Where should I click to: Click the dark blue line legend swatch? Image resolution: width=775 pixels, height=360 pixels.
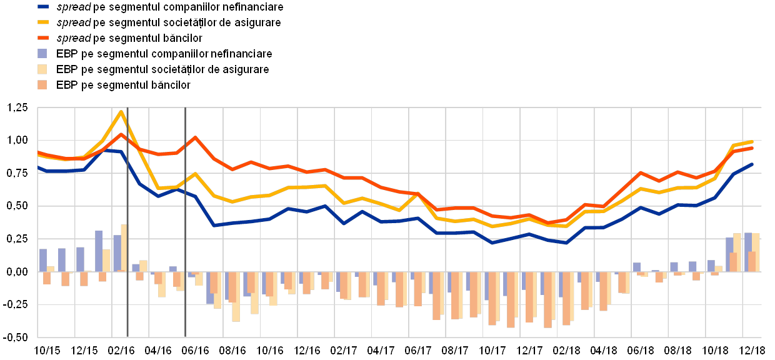(43, 7)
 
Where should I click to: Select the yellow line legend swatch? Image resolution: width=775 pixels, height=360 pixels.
(43, 22)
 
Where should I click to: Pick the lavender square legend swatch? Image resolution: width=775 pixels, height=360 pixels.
(42, 54)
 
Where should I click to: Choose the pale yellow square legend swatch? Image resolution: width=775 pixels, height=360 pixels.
(42, 69)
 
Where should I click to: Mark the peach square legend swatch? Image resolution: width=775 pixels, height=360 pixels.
(42, 84)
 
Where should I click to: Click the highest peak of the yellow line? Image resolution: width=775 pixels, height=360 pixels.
(121, 111)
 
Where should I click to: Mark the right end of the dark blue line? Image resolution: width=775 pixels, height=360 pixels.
(752, 164)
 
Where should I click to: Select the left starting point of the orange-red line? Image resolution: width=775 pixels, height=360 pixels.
(38, 152)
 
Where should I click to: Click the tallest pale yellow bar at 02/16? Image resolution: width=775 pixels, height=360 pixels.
(124, 247)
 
